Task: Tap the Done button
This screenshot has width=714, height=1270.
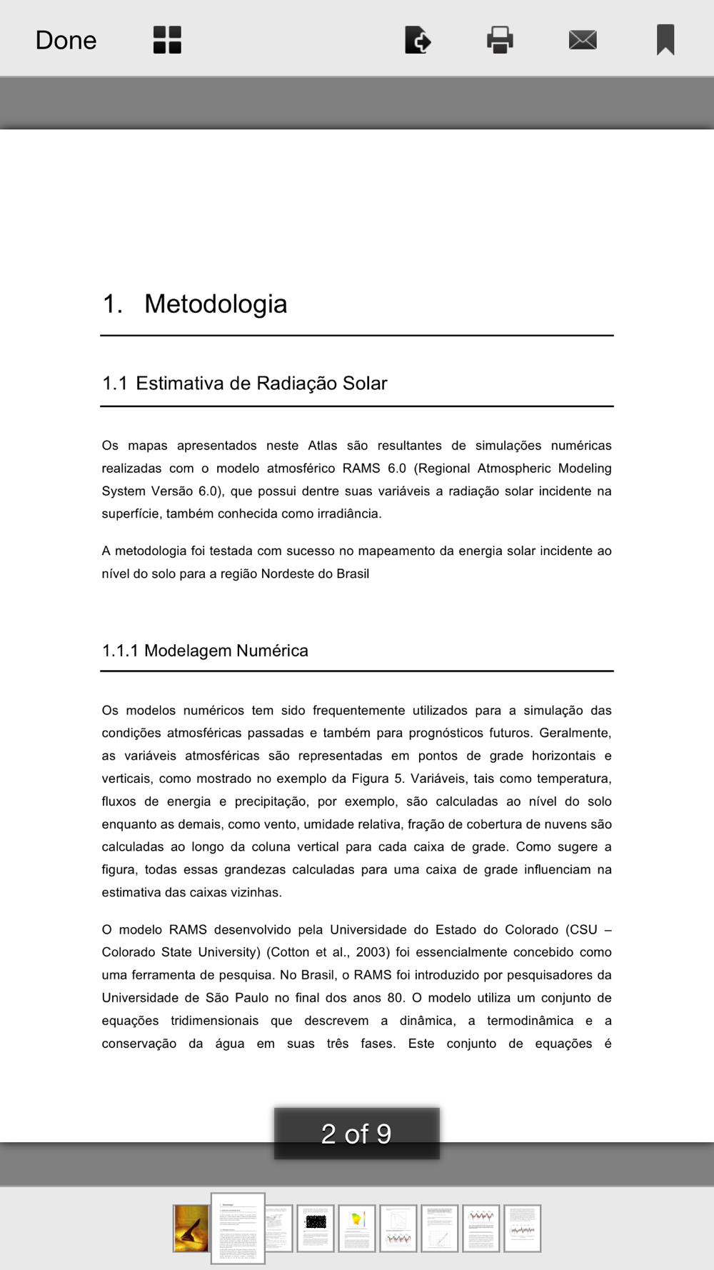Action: [66, 40]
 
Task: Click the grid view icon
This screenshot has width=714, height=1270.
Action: [167, 40]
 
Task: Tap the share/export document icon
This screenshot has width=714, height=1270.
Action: [418, 40]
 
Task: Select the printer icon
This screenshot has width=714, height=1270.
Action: [500, 40]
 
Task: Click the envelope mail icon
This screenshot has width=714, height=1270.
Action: [583, 40]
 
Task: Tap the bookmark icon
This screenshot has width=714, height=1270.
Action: [665, 40]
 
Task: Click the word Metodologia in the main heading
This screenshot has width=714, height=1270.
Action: [216, 304]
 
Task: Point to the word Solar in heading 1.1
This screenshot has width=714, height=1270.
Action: [365, 384]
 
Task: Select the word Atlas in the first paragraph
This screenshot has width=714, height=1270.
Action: [323, 446]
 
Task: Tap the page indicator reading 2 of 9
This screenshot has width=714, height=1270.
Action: [356, 1134]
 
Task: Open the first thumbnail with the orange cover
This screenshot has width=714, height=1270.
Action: [191, 1229]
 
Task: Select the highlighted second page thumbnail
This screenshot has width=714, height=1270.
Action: [238, 1229]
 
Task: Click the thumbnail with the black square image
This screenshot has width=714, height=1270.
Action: [316, 1229]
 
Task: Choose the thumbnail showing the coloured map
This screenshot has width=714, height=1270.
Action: [357, 1229]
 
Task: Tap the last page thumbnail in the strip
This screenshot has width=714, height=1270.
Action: [523, 1229]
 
